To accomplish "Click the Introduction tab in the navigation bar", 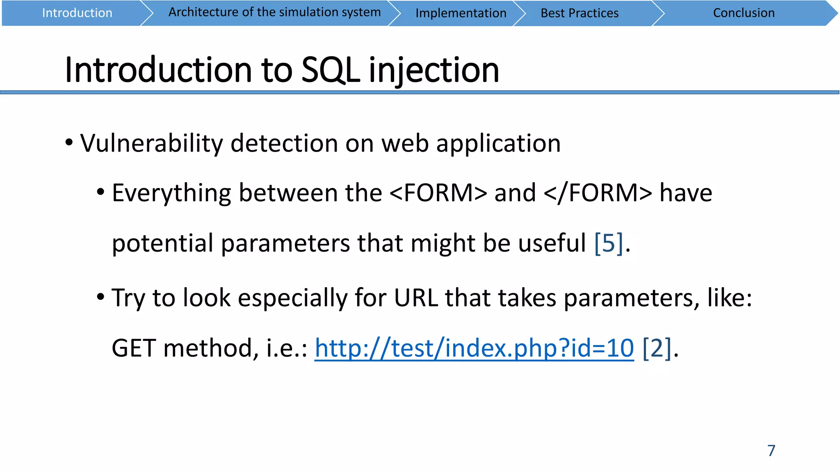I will coord(77,13).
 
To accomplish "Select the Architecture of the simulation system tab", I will coord(274,12).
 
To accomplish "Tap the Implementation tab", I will coord(461,13).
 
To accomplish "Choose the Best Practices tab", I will coord(579,13).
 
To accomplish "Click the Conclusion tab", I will coord(743,13).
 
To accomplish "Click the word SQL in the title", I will coord(330,70).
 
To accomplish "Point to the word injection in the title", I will coord(434,70).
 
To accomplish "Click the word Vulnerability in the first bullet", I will coord(151,143).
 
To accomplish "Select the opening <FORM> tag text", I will coord(438,193).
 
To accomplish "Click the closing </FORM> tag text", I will coord(598,193).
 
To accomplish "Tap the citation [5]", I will coord(609,243).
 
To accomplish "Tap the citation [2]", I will coord(657,348).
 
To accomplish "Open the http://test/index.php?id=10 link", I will coord(474,348).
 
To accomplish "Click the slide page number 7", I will coord(771,451).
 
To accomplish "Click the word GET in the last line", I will coord(133,348).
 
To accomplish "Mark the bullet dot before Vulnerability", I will coord(69,143).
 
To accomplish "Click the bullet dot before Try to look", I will coord(100,297).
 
